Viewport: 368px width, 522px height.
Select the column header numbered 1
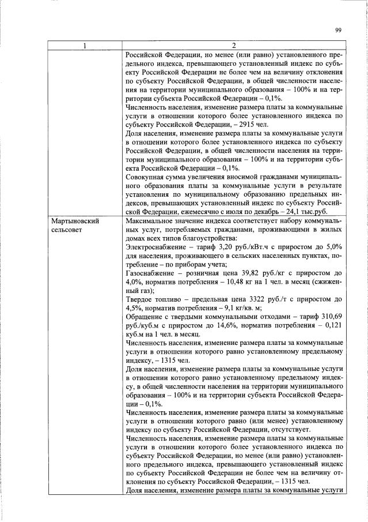85,46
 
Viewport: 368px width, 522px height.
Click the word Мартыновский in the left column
72,221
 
